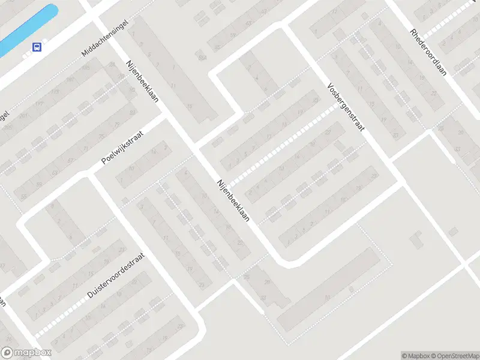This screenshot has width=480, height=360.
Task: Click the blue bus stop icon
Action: [37, 47]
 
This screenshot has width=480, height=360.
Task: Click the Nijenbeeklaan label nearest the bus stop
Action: [142, 81]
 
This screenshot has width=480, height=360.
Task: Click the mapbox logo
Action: [26, 353]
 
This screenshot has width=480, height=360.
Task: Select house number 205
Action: [8, 128]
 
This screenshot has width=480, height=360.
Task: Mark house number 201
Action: [23, 116]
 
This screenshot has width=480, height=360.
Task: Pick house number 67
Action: [71, 161]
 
